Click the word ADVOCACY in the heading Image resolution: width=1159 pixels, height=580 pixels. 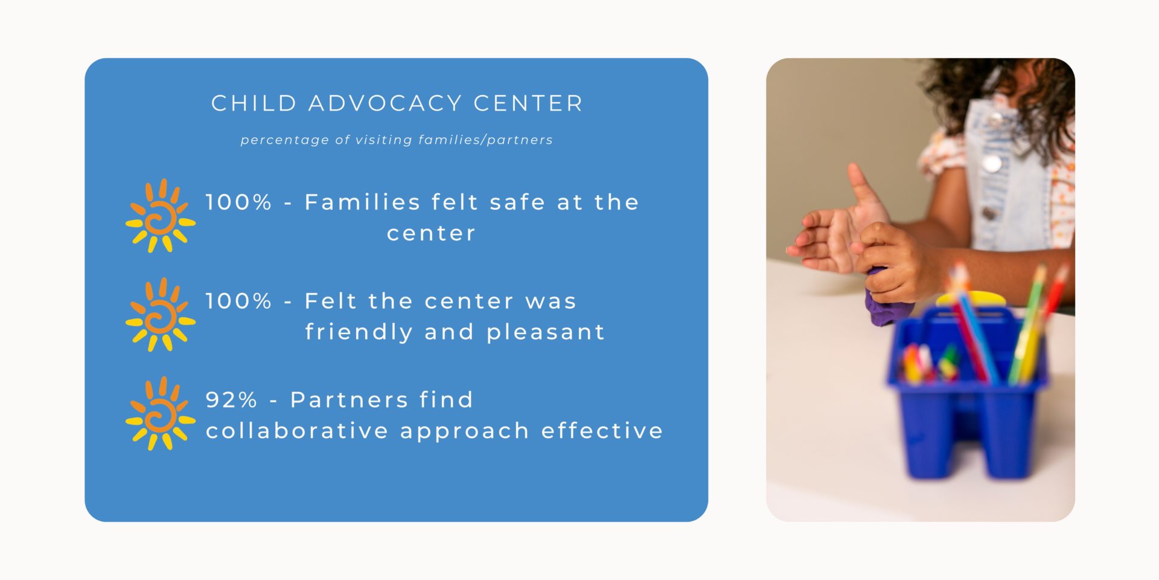(385, 103)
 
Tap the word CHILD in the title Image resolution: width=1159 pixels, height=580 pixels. (254, 103)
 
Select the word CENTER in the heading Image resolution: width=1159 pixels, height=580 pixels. (528, 103)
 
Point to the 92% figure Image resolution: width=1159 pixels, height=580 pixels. (231, 399)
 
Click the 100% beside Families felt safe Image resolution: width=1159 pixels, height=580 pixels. (238, 202)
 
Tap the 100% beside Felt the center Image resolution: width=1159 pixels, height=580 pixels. (238, 301)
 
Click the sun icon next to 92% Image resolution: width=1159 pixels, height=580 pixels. (160, 414)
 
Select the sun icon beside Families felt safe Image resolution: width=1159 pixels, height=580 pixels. (160, 216)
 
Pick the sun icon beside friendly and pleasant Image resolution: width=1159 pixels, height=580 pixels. (160, 315)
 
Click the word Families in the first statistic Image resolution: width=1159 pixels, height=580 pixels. (362, 202)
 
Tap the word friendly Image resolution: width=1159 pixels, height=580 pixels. (359, 332)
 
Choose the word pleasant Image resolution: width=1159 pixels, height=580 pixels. (546, 332)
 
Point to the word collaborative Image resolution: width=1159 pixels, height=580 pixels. (297, 431)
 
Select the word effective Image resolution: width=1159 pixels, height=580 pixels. (602, 431)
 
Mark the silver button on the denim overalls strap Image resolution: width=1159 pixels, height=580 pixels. (991, 163)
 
